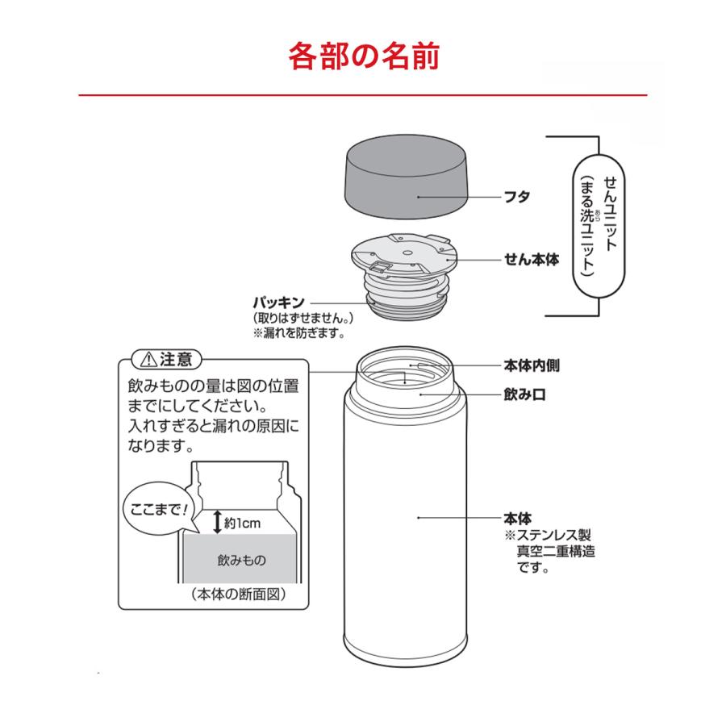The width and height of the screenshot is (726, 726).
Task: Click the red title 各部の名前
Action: click(x=363, y=57)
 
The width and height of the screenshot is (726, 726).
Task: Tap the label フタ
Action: click(x=517, y=197)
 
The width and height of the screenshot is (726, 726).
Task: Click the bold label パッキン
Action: click(x=279, y=302)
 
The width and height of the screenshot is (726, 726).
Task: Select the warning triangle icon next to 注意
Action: click(x=147, y=358)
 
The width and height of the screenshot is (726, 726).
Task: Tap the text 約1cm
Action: click(x=244, y=523)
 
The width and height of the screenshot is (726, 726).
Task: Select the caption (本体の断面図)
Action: click(x=240, y=595)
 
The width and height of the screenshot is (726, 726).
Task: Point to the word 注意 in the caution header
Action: click(x=175, y=358)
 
